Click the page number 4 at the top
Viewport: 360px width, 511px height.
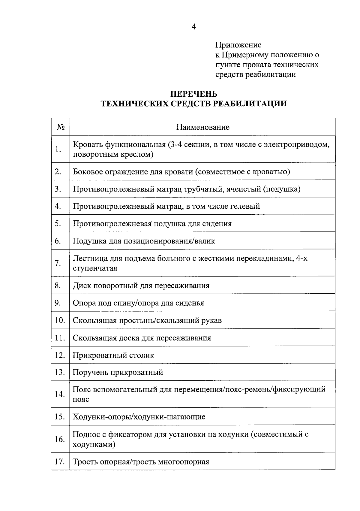click(x=193, y=27)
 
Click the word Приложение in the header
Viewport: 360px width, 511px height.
click(x=238, y=45)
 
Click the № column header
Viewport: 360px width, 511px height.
click(x=60, y=127)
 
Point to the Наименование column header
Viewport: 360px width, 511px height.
click(x=202, y=127)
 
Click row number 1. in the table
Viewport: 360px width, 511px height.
click(x=58, y=149)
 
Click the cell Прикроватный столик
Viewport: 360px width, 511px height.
click(x=113, y=355)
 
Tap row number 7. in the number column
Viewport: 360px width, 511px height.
click(x=58, y=263)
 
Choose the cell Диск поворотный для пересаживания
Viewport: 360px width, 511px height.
click(x=141, y=285)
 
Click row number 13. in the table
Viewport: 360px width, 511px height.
click(x=60, y=372)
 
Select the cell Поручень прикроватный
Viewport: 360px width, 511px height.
click(x=118, y=372)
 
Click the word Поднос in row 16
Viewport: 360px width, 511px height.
click(x=86, y=434)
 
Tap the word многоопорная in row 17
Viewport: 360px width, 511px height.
click(x=183, y=461)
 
